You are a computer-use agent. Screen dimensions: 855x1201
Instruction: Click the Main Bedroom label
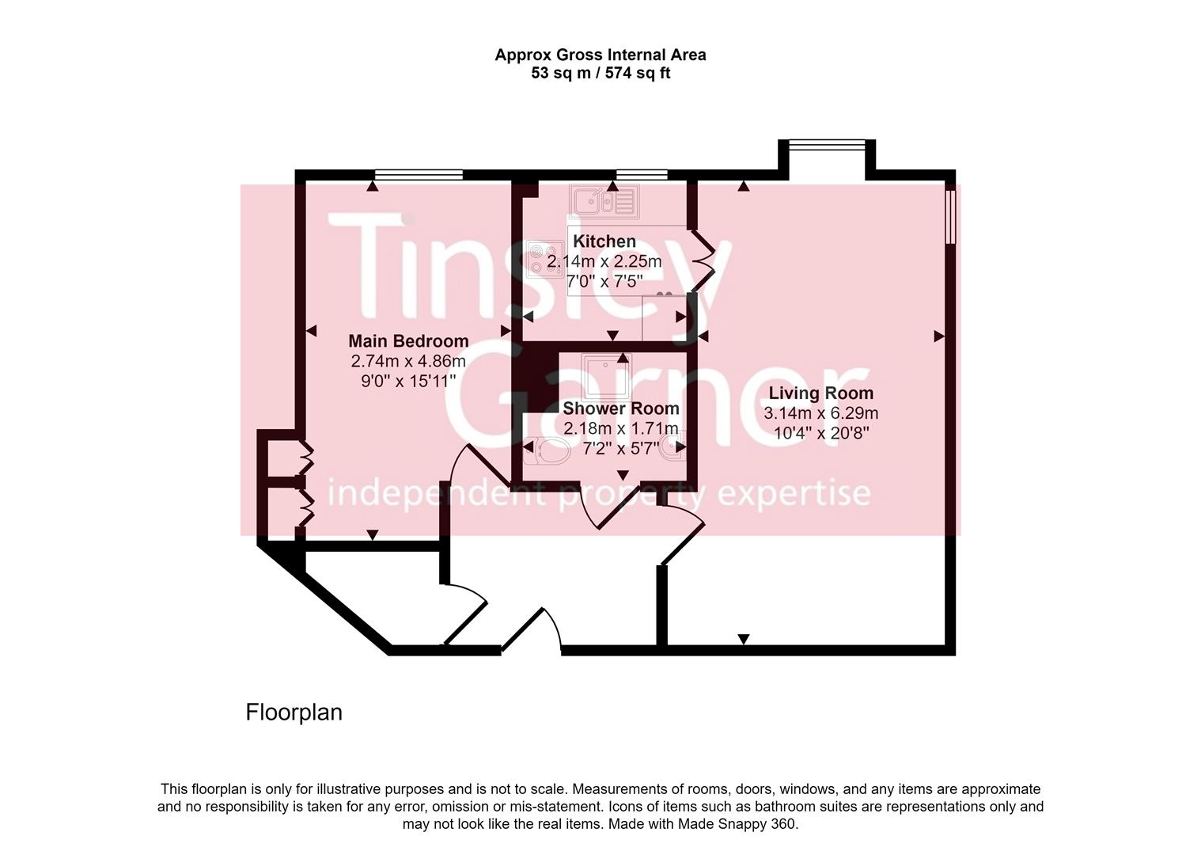click(x=408, y=341)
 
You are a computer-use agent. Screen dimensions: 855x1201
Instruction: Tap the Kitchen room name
click(x=604, y=241)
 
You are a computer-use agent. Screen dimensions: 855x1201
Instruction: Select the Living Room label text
click(x=820, y=393)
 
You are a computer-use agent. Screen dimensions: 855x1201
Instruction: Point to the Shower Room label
click(x=620, y=408)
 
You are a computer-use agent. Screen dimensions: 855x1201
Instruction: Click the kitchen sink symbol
click(x=604, y=201)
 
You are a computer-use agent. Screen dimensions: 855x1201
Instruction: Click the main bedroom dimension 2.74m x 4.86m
click(x=408, y=361)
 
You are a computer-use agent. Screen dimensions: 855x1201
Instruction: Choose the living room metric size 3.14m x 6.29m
click(x=820, y=413)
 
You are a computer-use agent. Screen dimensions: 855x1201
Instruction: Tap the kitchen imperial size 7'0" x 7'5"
click(x=604, y=281)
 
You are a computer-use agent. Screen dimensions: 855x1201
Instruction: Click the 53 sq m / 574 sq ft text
click(x=600, y=74)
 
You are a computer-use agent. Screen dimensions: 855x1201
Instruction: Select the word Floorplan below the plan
click(x=294, y=712)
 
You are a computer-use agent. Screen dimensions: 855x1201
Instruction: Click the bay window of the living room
click(x=827, y=143)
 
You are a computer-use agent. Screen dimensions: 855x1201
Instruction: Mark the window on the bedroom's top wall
click(x=419, y=174)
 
